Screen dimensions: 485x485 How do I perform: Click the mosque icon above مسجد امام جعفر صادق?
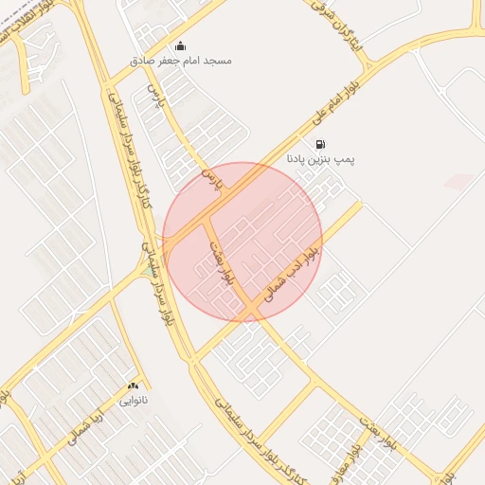click(x=181, y=45)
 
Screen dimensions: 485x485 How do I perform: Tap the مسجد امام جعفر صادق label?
click(x=181, y=61)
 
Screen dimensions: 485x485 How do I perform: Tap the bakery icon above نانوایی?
click(x=133, y=386)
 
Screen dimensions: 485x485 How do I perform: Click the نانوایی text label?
click(x=133, y=402)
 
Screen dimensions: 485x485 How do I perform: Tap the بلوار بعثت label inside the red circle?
click(x=221, y=263)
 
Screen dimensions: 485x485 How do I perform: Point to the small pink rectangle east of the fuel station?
click(x=459, y=180)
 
